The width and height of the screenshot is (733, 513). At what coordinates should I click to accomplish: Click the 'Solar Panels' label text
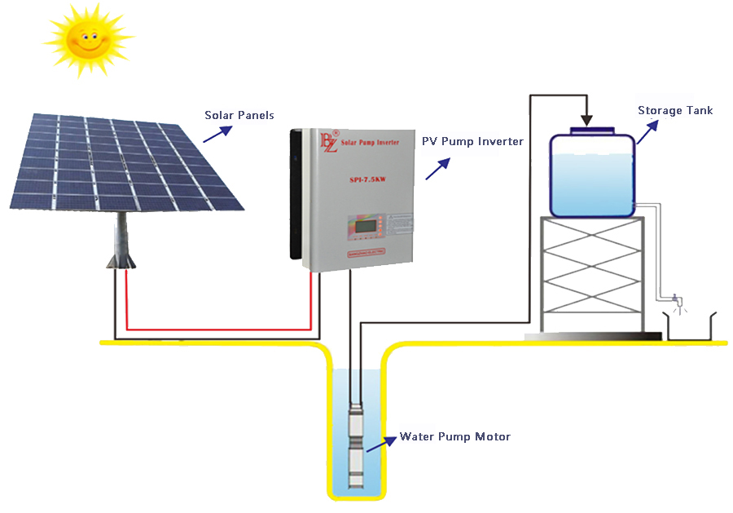239,116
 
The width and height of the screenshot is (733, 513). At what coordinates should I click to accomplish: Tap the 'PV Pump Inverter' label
472,141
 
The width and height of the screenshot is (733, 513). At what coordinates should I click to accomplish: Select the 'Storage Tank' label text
675,110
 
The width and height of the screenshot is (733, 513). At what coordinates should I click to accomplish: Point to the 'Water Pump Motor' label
454,437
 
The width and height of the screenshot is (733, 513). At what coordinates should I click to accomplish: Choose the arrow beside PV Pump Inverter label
437,168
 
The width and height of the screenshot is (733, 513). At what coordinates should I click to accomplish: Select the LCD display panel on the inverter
364,223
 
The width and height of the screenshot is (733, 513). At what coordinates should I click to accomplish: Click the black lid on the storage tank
592,129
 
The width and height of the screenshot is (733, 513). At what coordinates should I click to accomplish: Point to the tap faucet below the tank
675,299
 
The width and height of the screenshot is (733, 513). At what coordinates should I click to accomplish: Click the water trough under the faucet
691,326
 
